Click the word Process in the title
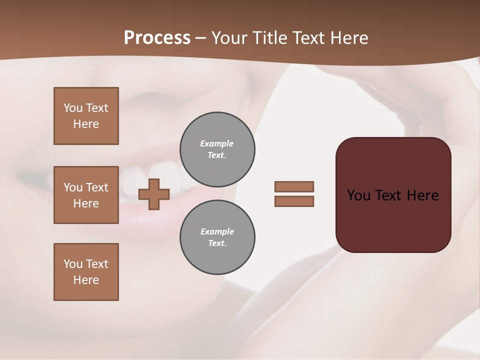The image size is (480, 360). point(157,38)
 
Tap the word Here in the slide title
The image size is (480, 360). point(348,38)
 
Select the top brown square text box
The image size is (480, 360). point(86,116)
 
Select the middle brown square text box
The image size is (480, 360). point(86,195)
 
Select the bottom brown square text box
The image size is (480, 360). point(86,272)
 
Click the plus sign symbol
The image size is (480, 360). point(154,194)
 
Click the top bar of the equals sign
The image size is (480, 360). point(294,186)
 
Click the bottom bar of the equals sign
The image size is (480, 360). point(294,201)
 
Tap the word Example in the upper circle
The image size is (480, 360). point(217,143)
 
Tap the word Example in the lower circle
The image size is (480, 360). point(217,231)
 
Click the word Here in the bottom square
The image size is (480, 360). point(86,280)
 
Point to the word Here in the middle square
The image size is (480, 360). point(86,203)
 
